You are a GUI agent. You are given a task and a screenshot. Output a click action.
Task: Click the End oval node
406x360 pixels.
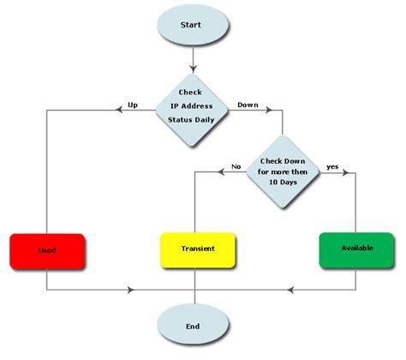point(194,327)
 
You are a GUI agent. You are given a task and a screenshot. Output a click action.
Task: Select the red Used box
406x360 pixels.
point(47,250)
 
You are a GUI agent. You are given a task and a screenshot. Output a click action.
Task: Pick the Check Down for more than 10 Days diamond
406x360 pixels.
point(283,171)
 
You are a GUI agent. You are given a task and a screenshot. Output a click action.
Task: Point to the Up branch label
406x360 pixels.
point(133,105)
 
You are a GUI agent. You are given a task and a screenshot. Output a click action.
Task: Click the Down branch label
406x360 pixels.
point(248,105)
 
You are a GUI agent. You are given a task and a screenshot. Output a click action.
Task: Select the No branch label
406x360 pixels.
point(236,167)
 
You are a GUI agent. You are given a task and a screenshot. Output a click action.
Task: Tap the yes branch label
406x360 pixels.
point(331,167)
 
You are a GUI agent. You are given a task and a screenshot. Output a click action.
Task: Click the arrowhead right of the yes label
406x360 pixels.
point(346,173)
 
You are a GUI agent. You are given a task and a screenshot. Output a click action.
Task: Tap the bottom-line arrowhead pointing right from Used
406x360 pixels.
point(129,290)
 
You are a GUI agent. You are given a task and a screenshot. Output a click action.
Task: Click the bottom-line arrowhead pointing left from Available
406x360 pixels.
point(289,290)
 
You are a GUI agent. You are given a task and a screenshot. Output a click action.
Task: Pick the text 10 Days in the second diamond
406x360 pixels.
point(283,182)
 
